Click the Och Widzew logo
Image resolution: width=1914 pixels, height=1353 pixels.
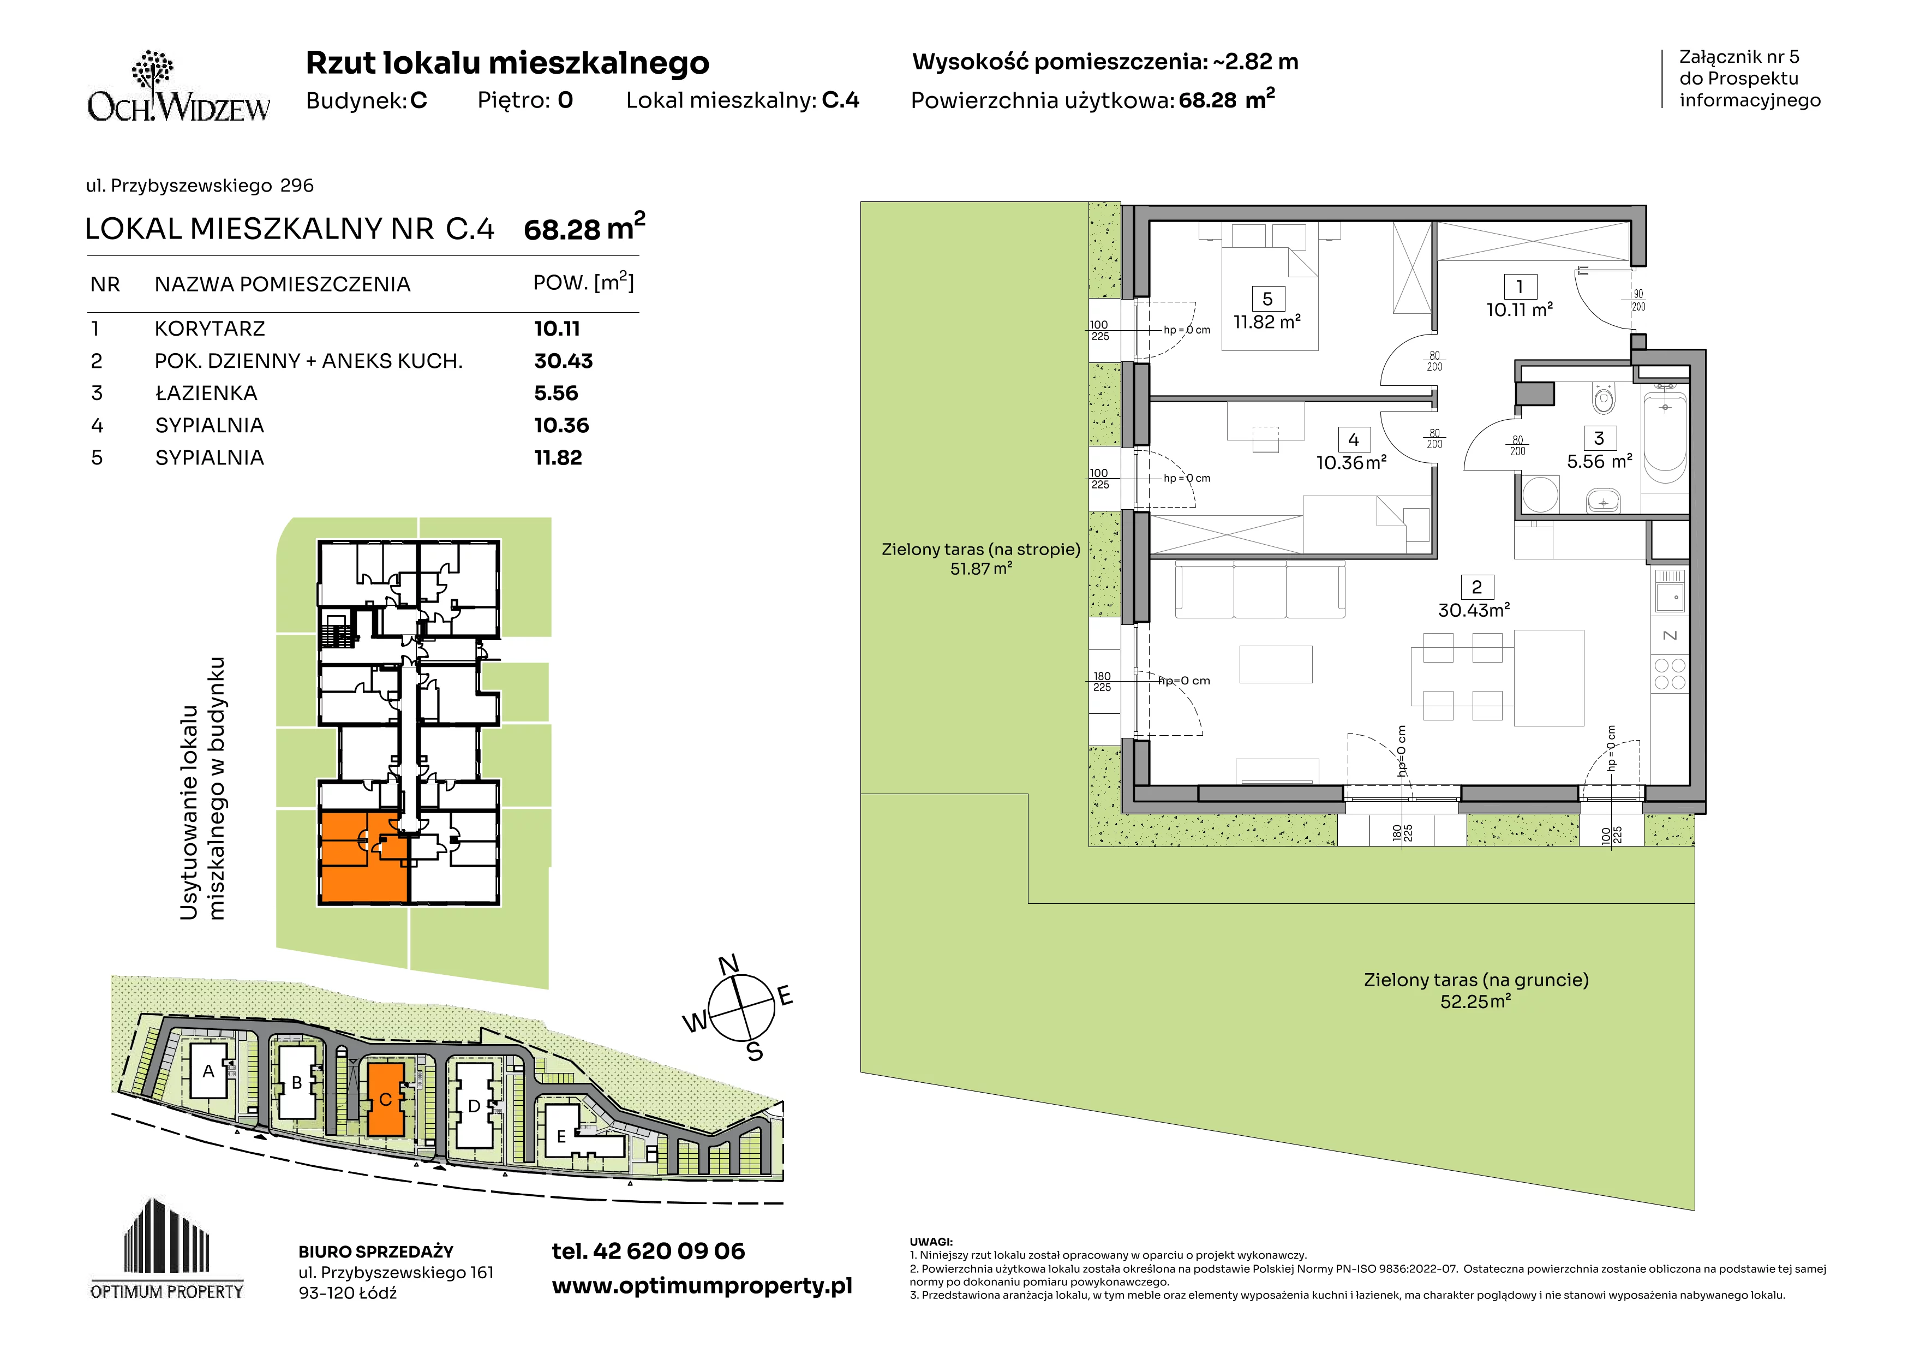click(178, 87)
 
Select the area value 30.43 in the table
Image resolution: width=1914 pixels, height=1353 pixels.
click(564, 361)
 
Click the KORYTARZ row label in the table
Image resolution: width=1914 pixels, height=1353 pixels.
click(210, 329)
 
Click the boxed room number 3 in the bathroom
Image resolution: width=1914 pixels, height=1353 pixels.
click(1599, 438)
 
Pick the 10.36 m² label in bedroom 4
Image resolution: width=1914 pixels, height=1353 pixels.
click(1351, 463)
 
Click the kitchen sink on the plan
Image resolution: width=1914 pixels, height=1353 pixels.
click(1670, 590)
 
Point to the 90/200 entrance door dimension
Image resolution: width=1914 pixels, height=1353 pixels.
click(1638, 301)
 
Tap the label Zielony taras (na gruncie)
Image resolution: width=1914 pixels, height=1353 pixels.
click(1475, 980)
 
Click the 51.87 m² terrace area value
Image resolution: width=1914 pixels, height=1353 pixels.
click(981, 569)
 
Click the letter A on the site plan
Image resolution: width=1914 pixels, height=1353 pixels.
click(208, 1071)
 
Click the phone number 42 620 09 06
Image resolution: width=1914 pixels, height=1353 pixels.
click(669, 1251)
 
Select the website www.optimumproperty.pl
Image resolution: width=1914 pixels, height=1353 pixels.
click(702, 1286)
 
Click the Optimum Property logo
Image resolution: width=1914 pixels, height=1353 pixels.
click(167, 1249)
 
